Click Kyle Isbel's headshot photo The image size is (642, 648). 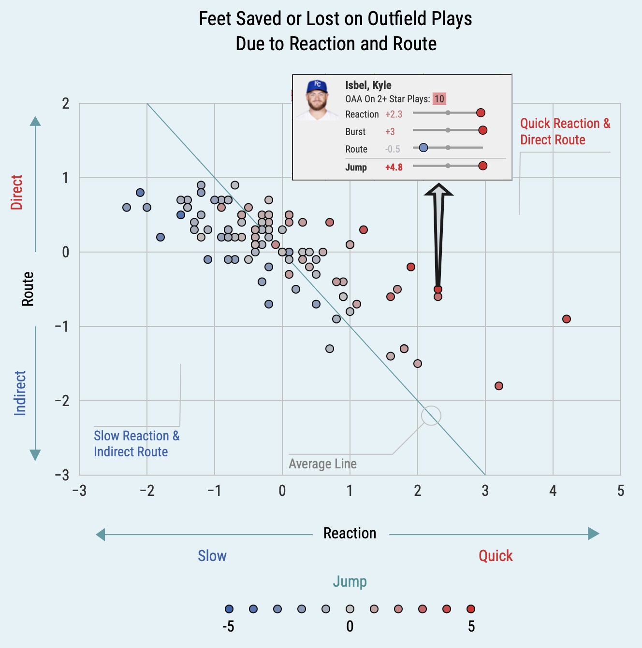click(x=317, y=100)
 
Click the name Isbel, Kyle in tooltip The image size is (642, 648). click(x=368, y=85)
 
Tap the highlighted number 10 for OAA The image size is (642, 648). click(x=439, y=99)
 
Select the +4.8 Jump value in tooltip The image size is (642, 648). click(x=394, y=168)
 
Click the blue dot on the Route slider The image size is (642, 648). click(x=423, y=148)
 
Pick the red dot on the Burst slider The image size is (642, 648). click(x=482, y=130)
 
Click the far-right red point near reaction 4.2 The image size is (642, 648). click(x=567, y=319)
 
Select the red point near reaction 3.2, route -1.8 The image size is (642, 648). click(x=499, y=386)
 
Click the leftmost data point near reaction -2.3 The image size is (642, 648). click(x=127, y=208)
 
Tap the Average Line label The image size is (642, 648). click(x=322, y=464)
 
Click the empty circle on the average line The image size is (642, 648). click(x=431, y=415)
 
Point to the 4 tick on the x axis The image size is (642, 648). click(x=553, y=491)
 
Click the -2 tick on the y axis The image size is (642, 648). click(x=61, y=401)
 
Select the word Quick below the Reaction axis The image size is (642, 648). click(x=496, y=556)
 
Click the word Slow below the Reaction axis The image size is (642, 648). click(x=212, y=556)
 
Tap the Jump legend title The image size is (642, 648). click(x=350, y=581)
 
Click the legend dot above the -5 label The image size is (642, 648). click(x=229, y=609)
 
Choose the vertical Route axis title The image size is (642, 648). click(x=28, y=289)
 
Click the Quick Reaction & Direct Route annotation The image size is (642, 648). click(x=565, y=131)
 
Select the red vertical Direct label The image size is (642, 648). click(x=17, y=192)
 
